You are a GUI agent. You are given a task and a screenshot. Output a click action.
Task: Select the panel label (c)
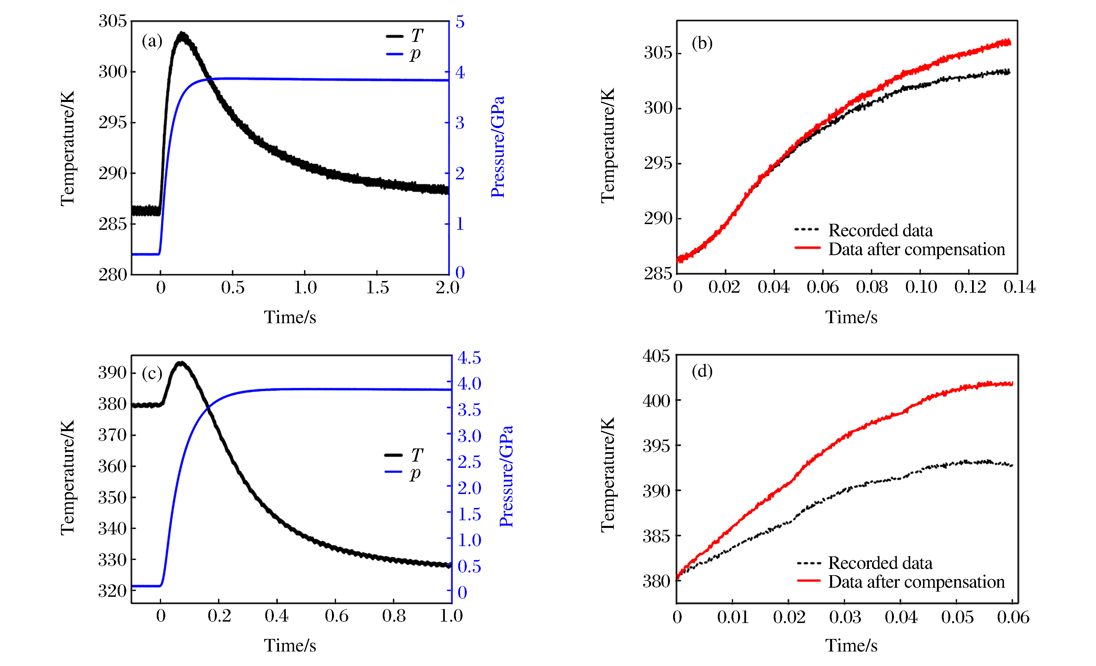click(x=152, y=373)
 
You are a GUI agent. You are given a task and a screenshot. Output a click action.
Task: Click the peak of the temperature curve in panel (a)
click(x=182, y=34)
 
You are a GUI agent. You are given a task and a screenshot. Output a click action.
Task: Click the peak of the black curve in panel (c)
click(x=181, y=363)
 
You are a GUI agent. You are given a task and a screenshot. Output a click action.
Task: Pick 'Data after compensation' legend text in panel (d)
click(x=916, y=582)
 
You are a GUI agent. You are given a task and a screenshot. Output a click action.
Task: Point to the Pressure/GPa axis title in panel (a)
click(x=498, y=147)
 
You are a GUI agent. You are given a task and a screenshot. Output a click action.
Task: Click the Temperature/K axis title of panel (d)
click(x=608, y=474)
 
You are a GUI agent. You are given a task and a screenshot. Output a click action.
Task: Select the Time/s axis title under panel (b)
click(x=851, y=317)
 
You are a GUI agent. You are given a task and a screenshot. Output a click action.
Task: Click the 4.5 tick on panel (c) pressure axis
click(x=469, y=358)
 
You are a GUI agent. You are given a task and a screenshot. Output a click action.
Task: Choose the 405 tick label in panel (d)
click(x=656, y=356)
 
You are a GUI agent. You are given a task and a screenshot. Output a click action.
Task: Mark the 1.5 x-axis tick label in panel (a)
click(x=377, y=288)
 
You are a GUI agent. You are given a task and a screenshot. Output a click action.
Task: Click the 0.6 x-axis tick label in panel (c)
click(x=336, y=616)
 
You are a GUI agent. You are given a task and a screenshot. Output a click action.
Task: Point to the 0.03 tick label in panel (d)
click(x=845, y=617)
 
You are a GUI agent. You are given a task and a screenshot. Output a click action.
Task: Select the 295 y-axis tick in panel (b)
click(x=658, y=163)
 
